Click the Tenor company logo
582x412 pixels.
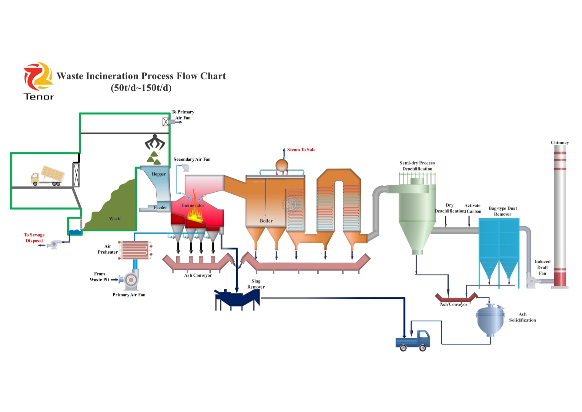(x=38, y=81)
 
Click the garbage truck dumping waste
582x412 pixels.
(x=48, y=176)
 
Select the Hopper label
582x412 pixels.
(x=159, y=174)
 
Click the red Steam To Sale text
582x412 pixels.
(x=301, y=150)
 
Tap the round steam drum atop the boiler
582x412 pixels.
(x=282, y=165)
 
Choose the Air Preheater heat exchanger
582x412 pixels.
(x=135, y=250)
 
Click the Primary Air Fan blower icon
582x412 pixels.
(x=131, y=279)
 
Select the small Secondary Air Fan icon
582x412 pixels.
(x=185, y=167)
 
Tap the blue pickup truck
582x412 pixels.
(x=413, y=340)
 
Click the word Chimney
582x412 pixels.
(x=560, y=143)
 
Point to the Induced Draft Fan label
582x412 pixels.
(x=543, y=267)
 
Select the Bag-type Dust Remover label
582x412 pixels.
(x=503, y=211)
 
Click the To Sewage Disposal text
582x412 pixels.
(x=34, y=238)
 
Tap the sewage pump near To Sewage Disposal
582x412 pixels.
(x=54, y=244)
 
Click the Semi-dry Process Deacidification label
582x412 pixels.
(x=417, y=166)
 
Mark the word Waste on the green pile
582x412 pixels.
(x=115, y=219)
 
